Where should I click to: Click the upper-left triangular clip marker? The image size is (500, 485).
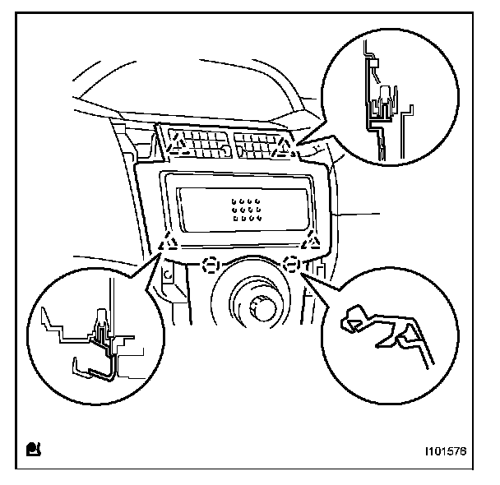tap(175, 145)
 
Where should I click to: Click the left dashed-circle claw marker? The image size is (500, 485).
tap(211, 266)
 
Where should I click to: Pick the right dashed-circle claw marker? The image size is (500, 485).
tap(289, 265)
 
